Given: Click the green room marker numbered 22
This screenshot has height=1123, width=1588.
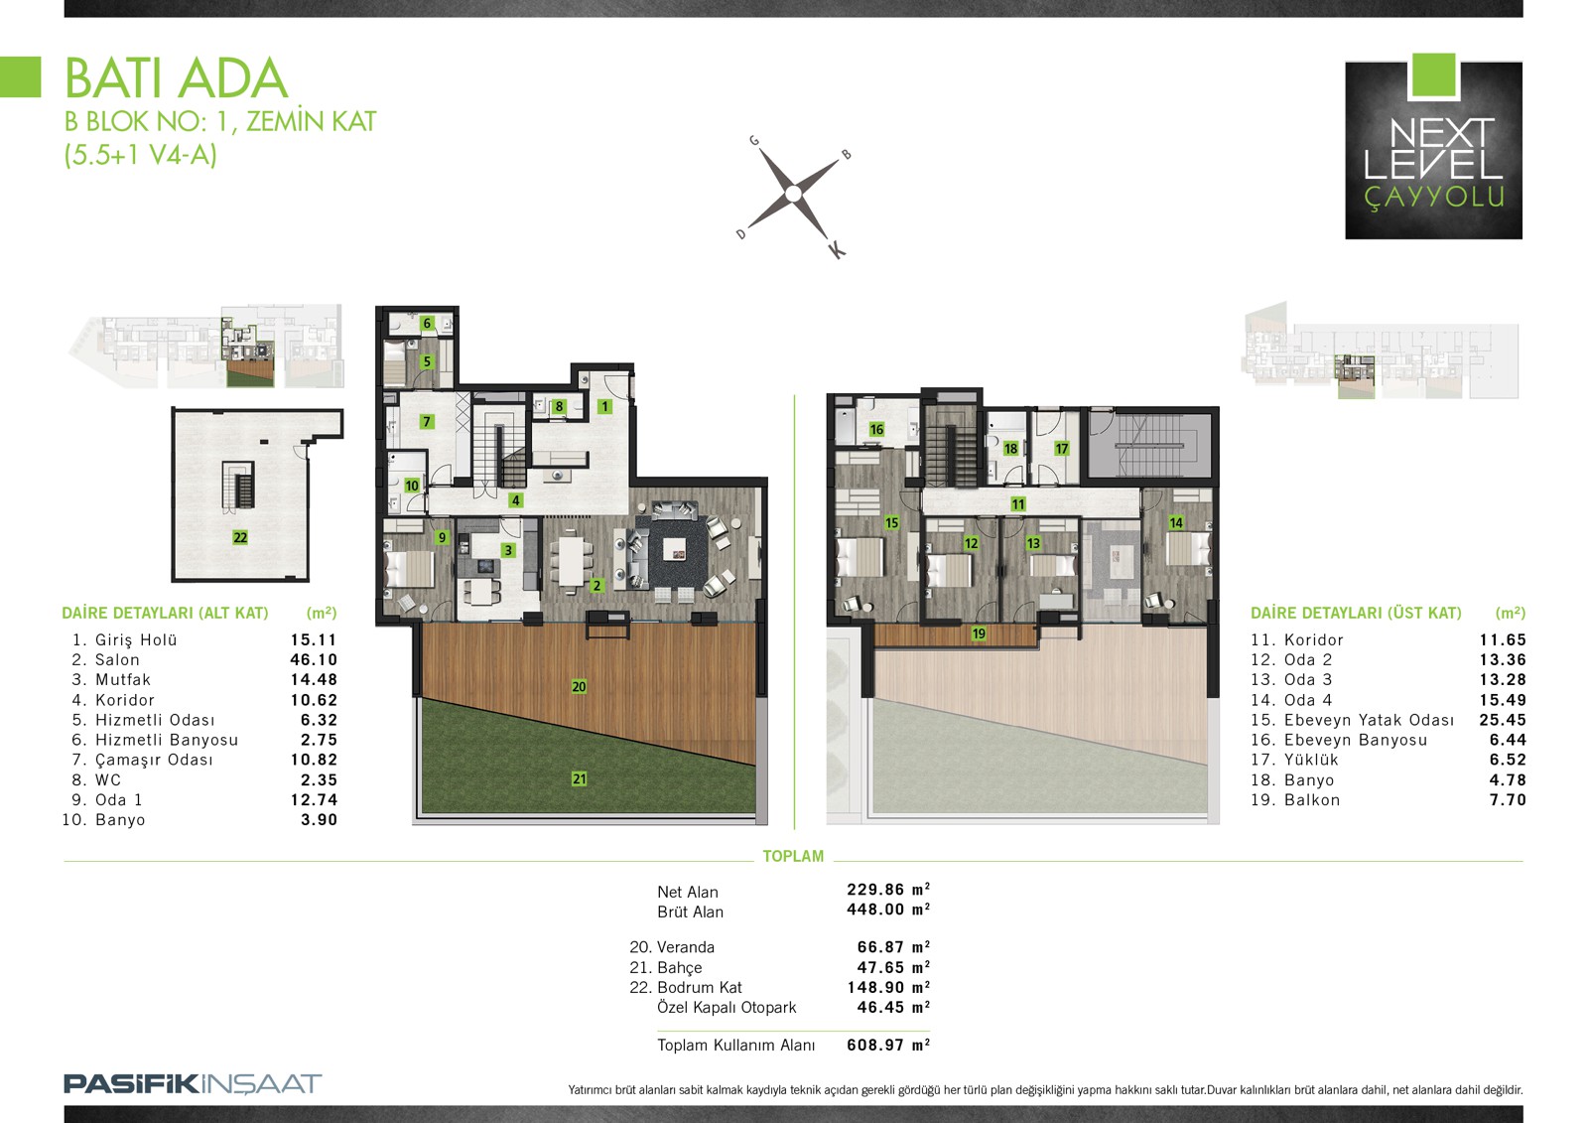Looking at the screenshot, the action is click(x=240, y=538).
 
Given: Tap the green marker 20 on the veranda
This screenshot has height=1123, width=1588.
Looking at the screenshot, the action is click(x=579, y=687).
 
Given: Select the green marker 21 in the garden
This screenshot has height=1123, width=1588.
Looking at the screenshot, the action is click(x=580, y=778).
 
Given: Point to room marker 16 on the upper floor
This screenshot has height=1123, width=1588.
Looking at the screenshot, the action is click(x=876, y=429).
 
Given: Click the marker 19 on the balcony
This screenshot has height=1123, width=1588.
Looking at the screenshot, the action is click(x=979, y=633).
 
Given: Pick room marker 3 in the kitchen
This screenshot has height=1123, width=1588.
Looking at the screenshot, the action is click(x=507, y=550).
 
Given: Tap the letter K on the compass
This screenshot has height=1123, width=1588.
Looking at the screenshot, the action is click(x=837, y=249).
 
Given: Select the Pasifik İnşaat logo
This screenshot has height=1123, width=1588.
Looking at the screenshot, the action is click(x=193, y=1083).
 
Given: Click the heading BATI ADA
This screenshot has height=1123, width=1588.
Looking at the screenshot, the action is click(x=176, y=78).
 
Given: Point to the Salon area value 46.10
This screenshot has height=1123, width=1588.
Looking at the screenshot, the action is click(x=314, y=659).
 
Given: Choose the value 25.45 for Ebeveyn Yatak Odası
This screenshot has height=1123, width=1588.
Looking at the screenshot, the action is click(x=1503, y=720).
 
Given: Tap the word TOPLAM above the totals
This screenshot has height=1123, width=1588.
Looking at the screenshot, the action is click(x=793, y=856).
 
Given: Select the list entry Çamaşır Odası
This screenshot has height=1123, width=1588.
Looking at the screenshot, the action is click(x=154, y=760).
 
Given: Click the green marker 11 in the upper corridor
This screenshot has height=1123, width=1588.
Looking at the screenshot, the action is click(x=1018, y=504).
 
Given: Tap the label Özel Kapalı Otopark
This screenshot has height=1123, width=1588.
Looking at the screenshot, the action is click(x=727, y=1008).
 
